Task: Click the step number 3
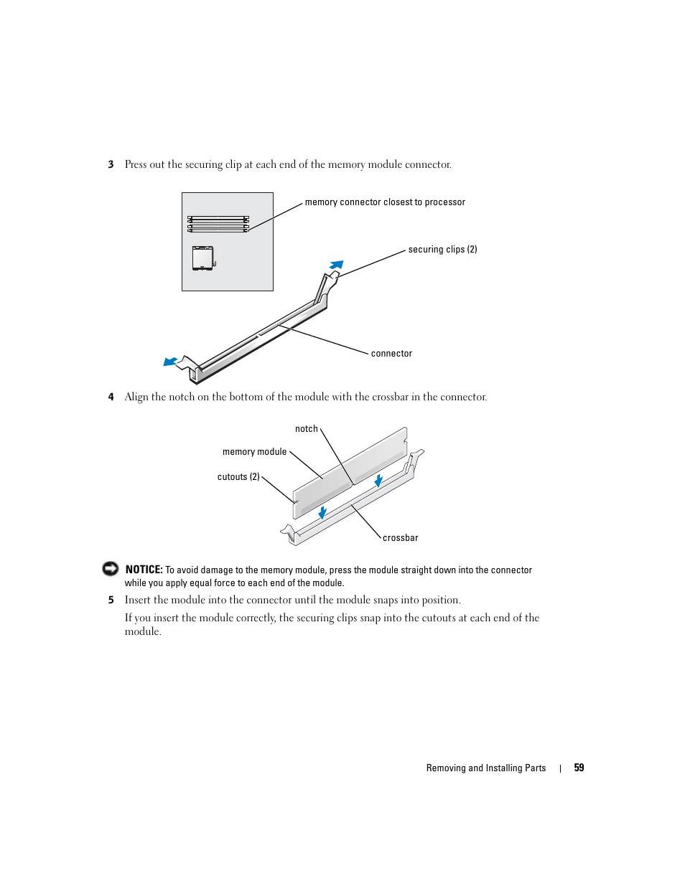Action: click(111, 164)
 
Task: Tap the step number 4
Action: click(111, 397)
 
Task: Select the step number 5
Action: click(111, 600)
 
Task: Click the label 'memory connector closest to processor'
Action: click(385, 202)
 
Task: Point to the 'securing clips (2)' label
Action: click(442, 250)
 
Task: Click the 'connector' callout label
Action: click(391, 354)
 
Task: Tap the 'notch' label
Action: click(307, 429)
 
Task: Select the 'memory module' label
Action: click(254, 452)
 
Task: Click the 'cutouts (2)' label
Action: click(238, 477)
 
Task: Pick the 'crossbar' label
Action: click(400, 538)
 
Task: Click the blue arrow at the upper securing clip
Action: click(336, 265)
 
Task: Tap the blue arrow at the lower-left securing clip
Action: click(170, 362)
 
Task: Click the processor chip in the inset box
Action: click(203, 258)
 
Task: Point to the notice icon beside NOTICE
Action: click(111, 569)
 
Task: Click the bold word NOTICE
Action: click(144, 570)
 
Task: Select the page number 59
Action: click(579, 768)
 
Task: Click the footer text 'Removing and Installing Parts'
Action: click(486, 768)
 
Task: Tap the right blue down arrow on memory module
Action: click(378, 481)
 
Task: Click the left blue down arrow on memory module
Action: click(322, 512)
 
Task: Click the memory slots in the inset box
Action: click(218, 224)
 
